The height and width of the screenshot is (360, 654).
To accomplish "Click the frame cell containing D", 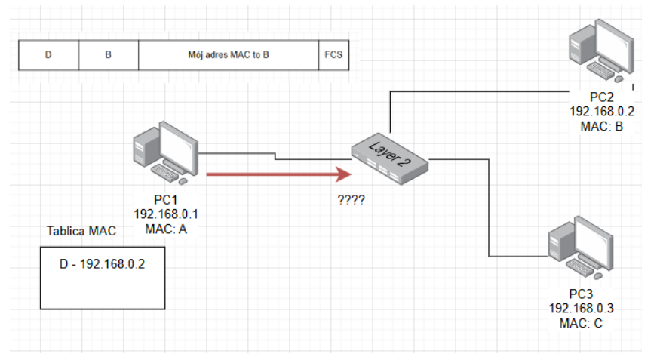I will [x=48, y=55].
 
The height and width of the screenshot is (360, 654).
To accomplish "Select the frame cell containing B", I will [x=109, y=55].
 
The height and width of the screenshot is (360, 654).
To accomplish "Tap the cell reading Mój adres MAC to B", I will [x=229, y=55].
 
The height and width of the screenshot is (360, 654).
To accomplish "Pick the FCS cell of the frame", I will [x=333, y=55].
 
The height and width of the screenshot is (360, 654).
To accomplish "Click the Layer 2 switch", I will [x=389, y=159].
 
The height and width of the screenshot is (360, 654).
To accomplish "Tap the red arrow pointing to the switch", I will [x=279, y=175].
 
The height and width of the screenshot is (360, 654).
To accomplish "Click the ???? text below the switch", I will [x=352, y=200].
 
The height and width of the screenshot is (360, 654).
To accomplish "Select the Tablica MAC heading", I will [x=81, y=231].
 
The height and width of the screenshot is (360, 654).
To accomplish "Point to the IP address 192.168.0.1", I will [x=165, y=214].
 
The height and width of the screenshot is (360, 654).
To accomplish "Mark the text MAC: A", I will [x=165, y=226].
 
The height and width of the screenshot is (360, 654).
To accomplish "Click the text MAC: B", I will [x=602, y=125].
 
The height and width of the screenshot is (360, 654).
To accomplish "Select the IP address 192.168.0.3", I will [x=581, y=309].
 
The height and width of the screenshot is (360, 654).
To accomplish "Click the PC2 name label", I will [x=602, y=98].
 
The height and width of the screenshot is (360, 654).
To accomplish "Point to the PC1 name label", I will [x=165, y=201].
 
